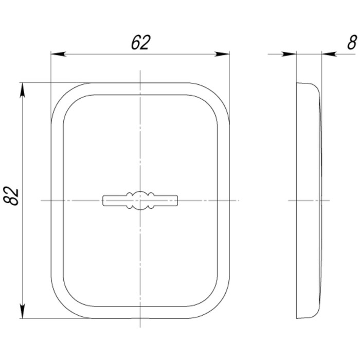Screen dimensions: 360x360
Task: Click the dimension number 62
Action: point(140,43)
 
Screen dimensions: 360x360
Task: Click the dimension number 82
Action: point(11,196)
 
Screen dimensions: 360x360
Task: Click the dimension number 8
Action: point(352,43)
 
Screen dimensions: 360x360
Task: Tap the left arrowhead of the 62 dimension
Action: point(58,54)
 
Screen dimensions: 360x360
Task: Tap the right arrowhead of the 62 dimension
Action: point(222,54)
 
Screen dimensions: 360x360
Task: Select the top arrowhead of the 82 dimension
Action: point(22,90)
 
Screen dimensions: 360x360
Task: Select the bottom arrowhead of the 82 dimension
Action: point(22,311)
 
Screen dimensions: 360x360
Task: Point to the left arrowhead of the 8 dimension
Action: point(289,54)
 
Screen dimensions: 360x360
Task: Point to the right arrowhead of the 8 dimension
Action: point(329,54)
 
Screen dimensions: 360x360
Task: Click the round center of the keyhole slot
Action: point(140,201)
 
